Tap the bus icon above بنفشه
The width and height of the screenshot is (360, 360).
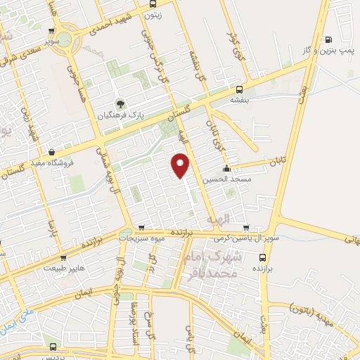coord(240,89)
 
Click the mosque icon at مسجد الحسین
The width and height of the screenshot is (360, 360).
coord(226,169)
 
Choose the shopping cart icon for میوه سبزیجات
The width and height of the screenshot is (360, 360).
coord(142,228)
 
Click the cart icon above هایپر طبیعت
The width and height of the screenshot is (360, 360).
coord(62,257)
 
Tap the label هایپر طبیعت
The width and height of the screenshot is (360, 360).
coord(64,268)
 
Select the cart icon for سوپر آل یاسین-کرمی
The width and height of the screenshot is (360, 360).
coord(245,228)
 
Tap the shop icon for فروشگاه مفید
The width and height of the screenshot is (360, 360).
coord(51,150)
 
